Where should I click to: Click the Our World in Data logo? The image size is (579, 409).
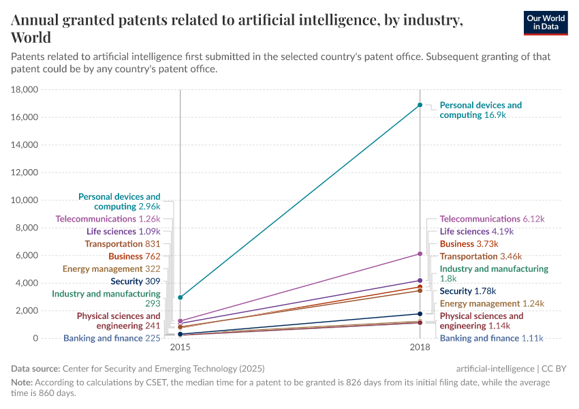tap(545, 22)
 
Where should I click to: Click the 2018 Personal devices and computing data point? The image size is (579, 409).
tap(420, 105)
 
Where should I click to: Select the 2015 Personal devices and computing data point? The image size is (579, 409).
tap(181, 297)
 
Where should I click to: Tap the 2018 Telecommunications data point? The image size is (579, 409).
tap(420, 254)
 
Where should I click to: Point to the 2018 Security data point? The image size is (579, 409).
tap(420, 314)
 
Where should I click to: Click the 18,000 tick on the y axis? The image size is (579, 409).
tap(24, 89)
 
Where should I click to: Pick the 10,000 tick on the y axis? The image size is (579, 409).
tap(24, 200)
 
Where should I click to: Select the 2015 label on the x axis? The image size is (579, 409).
tap(181, 348)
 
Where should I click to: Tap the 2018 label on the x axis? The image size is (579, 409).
tap(420, 348)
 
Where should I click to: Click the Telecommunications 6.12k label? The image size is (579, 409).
tap(492, 219)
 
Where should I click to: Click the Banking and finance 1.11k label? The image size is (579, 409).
tap(492, 338)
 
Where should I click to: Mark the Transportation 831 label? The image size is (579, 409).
tap(123, 244)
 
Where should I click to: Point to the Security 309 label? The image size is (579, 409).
tap(135, 281)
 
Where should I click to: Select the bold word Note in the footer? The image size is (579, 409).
tap(22, 383)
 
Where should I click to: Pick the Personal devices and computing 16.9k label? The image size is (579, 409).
tap(480, 110)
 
